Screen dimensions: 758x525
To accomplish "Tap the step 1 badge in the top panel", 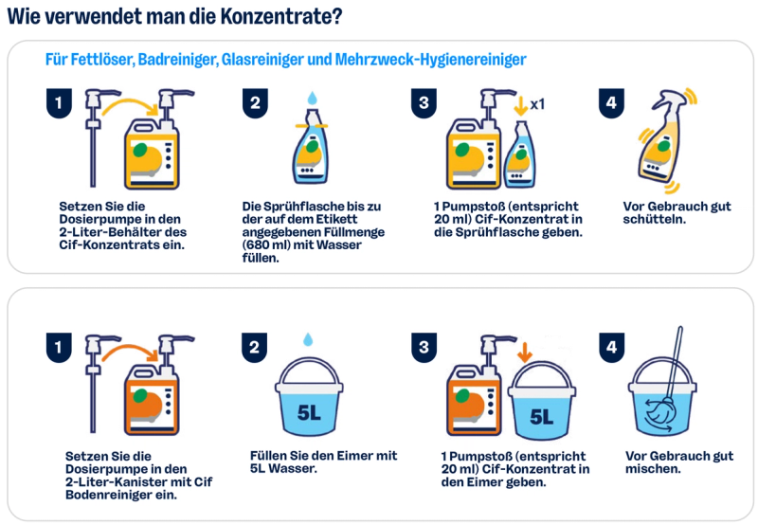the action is (59, 103).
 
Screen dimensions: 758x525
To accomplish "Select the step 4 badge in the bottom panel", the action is (611, 347).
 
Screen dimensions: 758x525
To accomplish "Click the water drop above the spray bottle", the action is (313, 99).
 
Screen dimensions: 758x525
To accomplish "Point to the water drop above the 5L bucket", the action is (308, 339).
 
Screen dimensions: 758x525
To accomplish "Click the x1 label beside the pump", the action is (537, 104).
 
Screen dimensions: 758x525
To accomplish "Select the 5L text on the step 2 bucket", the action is (309, 413).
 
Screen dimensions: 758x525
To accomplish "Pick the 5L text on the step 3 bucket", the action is (541, 416).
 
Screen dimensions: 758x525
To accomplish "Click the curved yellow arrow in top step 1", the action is (131, 106).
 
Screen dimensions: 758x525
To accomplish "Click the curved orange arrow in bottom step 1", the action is (131, 352).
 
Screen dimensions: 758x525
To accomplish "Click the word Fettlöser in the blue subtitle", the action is (90, 60).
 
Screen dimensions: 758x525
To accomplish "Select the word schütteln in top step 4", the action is (654, 220).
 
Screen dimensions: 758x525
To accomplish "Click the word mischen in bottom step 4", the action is (653, 469).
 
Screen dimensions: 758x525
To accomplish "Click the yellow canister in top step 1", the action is (152, 154).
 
